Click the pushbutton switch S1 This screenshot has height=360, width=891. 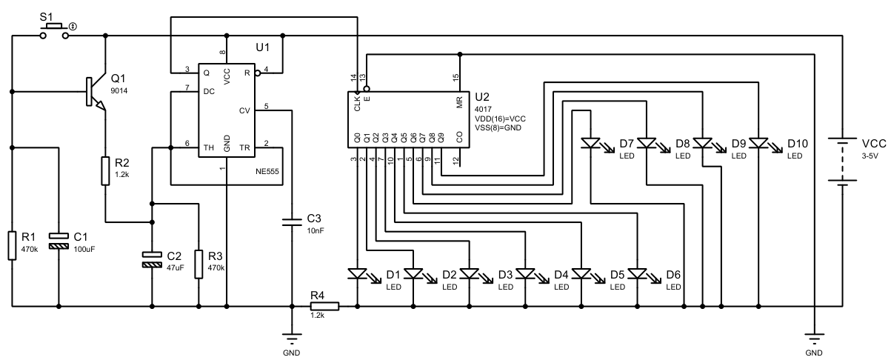pyautogui.click(x=54, y=29)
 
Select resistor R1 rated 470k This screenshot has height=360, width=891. pyautogui.click(x=12, y=245)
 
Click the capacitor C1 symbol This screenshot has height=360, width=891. pyautogui.click(x=59, y=239)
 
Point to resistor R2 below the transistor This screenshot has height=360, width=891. pyautogui.click(x=105, y=171)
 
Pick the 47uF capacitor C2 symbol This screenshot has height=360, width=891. pyautogui.click(x=152, y=259)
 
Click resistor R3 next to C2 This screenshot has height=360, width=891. pyautogui.click(x=198, y=264)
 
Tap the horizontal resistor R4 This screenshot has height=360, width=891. pyautogui.click(x=324, y=305)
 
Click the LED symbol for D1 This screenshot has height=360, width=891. pyautogui.click(x=357, y=273)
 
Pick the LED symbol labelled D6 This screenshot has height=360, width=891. pyautogui.click(x=637, y=273)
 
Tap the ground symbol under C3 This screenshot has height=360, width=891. pyautogui.click(x=292, y=341)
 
